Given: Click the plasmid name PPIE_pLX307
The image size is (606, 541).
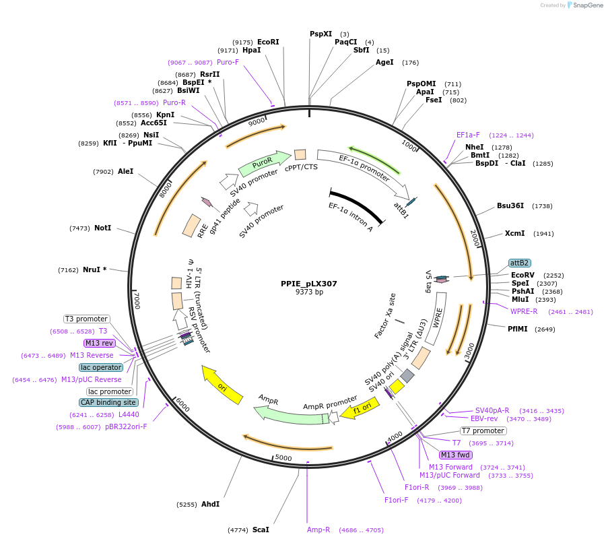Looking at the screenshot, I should (x=309, y=284).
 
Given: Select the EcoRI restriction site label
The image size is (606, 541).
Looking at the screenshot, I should (x=268, y=42).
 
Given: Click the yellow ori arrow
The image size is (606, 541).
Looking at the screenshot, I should (x=223, y=386).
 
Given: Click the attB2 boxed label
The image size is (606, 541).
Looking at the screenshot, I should (x=519, y=263).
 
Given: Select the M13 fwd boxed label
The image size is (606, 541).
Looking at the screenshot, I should (x=456, y=455).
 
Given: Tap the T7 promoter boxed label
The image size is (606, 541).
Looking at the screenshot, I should (x=483, y=431).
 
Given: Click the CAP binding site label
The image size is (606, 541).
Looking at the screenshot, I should (x=109, y=402).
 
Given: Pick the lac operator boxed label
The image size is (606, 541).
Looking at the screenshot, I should (x=101, y=367).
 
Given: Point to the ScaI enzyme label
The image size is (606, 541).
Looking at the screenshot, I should (x=261, y=530).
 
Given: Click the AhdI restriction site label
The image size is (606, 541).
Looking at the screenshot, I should (x=210, y=504).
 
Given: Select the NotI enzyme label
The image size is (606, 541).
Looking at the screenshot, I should (x=102, y=228).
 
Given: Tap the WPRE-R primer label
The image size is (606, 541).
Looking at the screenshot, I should (x=524, y=311).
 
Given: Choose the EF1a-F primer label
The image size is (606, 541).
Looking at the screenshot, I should (x=468, y=135).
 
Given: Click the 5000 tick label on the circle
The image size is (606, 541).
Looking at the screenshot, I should (x=283, y=458).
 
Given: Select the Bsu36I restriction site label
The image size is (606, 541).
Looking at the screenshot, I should (x=510, y=205).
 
